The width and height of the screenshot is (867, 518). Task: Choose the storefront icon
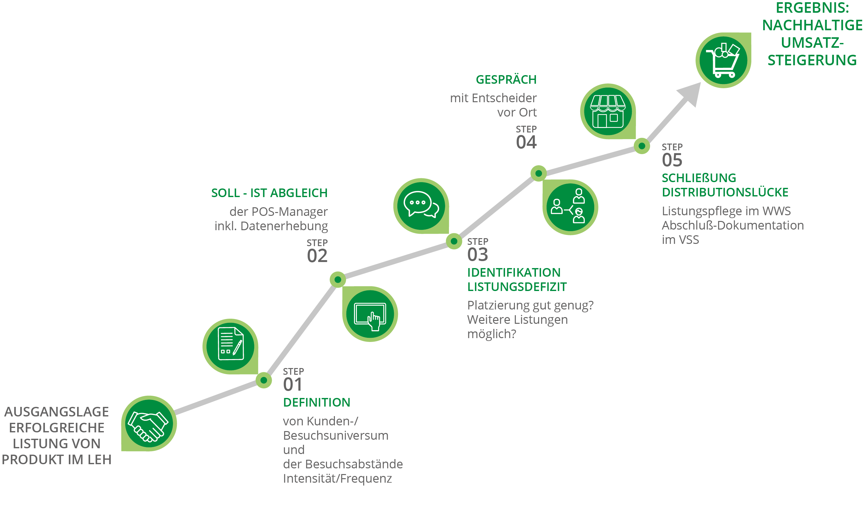(x=608, y=111)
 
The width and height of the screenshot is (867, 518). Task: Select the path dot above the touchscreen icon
(x=338, y=279)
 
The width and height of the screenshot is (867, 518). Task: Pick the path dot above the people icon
(x=538, y=173)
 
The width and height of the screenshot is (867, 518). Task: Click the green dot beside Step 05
(x=642, y=146)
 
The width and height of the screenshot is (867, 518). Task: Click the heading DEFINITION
(x=316, y=402)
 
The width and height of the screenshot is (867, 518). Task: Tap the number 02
(x=317, y=256)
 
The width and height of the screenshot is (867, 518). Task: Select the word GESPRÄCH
(x=506, y=80)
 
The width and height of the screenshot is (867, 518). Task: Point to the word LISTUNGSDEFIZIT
(x=517, y=287)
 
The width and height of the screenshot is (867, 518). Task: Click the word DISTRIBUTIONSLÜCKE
(x=725, y=192)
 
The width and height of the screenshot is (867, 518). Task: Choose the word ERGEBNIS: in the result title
(x=813, y=8)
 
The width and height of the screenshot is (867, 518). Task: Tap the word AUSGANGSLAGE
(x=57, y=412)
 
